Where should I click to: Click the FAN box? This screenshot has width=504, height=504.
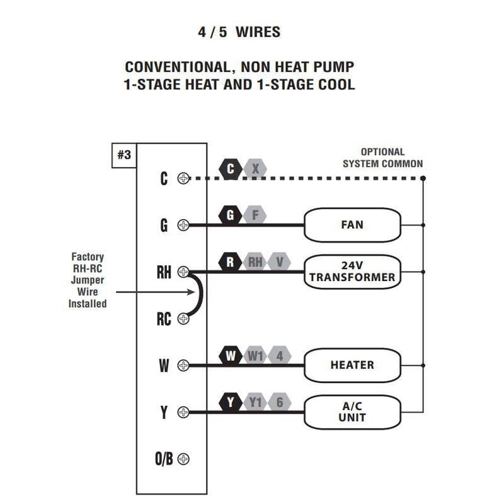pos(352,225)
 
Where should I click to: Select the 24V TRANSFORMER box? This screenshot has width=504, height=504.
pos(352,272)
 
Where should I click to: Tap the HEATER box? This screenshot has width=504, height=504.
pos(352,365)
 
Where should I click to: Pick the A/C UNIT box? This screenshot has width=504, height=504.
pos(352,412)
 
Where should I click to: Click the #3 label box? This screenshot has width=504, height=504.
pos(124,155)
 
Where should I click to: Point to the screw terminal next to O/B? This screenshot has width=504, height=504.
pos(183,459)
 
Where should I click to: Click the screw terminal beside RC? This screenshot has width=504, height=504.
pos(183,319)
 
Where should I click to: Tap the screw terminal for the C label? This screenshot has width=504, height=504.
pos(183,178)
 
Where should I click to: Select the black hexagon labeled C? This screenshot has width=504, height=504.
pos(231,169)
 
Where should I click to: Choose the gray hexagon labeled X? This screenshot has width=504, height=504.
pos(255,169)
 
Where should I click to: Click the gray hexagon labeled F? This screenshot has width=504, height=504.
pos(255,215)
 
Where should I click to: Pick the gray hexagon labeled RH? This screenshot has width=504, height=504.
pos(255,262)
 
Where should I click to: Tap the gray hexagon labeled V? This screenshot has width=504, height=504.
pos(280,262)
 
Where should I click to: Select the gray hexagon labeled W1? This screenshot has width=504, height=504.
pos(255,356)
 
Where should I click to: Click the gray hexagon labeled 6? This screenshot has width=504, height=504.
pos(280,403)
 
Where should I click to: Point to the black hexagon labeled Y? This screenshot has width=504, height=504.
pos(231,403)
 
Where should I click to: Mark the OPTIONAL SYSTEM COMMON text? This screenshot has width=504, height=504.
pos(382,158)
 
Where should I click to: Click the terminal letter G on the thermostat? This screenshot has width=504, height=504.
pos(164,225)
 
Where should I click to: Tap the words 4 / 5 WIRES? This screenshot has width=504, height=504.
pos(239,32)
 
